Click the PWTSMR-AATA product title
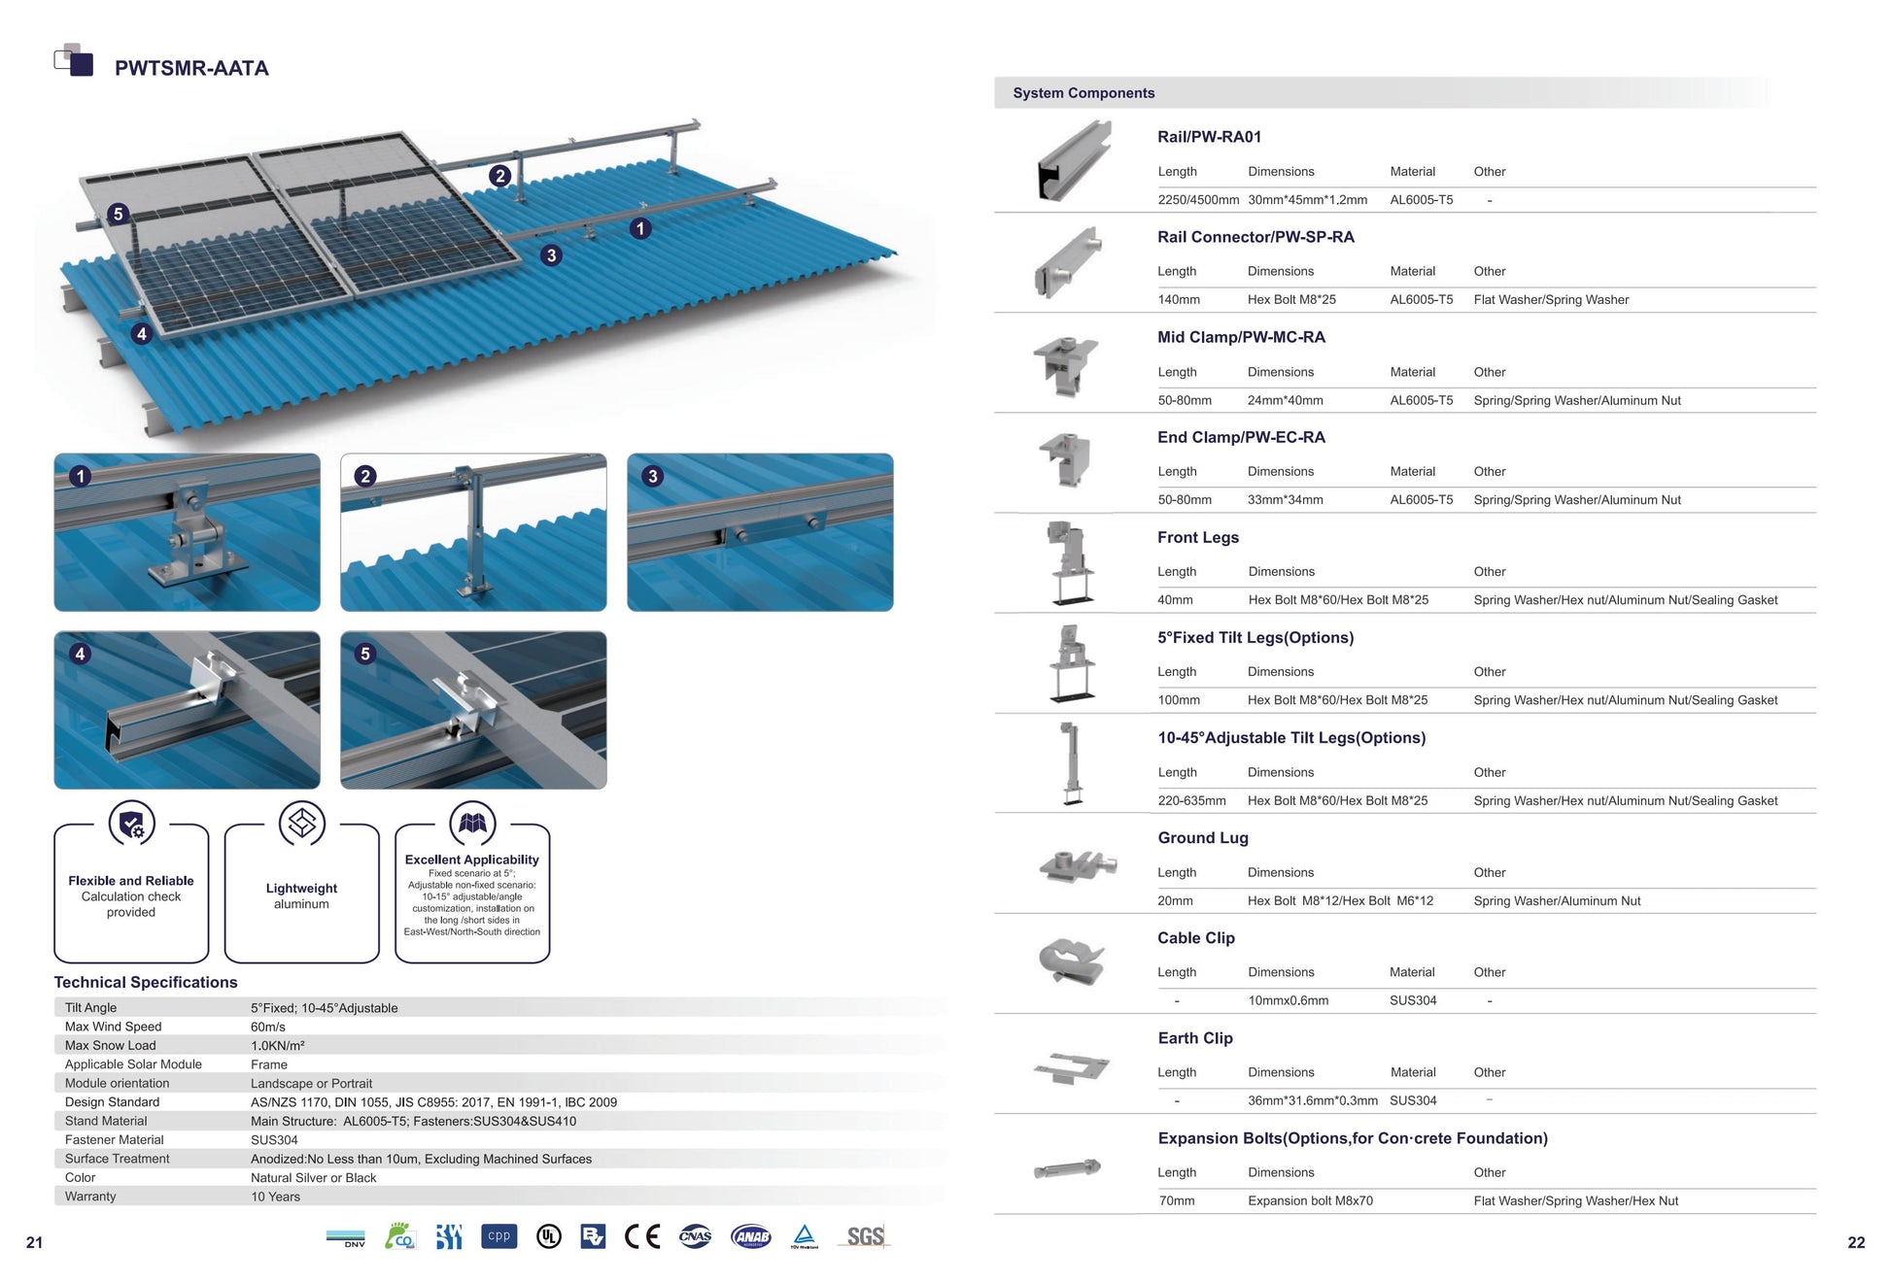191,68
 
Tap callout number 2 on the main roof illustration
499,176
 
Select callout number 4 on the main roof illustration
142,334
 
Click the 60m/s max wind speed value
268,1027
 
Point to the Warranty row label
90,1197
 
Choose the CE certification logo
641,1236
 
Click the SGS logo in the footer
864,1236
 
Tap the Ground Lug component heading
1203,837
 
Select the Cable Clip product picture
1072,961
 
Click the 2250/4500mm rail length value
1198,200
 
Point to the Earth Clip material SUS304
1413,1100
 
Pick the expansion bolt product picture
1067,1167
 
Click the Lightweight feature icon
302,823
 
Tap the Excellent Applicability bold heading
472,860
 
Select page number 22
1856,1242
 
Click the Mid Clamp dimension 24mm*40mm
1285,400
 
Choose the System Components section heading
1083,93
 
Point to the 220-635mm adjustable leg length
1191,801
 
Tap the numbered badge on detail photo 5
365,654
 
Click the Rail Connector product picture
1068,263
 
